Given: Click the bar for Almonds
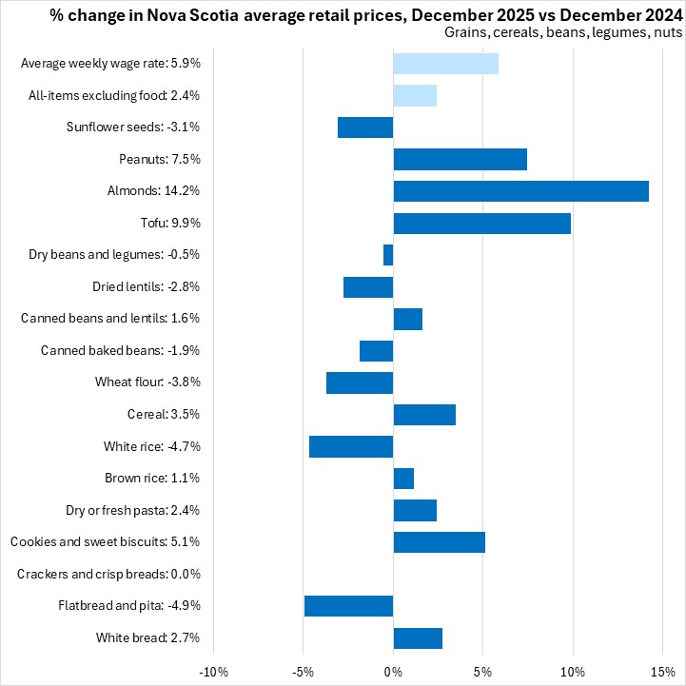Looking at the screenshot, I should coord(520,191).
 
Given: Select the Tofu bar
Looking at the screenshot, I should coord(481,224).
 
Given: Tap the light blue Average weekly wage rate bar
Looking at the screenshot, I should coord(445,64).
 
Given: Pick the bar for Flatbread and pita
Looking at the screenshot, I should coord(348,606).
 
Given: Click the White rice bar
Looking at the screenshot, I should coord(351,446).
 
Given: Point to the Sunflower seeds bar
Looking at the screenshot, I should coord(365,127).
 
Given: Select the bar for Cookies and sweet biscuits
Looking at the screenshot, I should coord(439,542).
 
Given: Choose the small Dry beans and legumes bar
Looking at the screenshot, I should coord(388,255).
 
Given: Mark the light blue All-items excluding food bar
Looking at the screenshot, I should coord(415,95).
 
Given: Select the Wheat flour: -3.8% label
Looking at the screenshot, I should coord(147,382).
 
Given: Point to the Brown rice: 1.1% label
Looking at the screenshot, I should coord(152,479).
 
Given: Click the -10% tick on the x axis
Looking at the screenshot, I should coord(213,673).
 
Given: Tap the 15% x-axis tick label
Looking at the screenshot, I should coord(662,673).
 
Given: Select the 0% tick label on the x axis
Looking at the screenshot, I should coord(393,673).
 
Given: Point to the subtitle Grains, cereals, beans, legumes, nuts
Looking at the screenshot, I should coord(563,32).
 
